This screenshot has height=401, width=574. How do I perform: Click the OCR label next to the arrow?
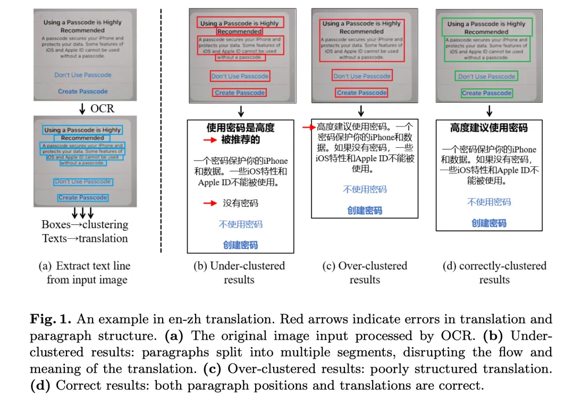(x=102, y=108)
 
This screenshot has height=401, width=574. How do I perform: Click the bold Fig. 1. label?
(x=52, y=320)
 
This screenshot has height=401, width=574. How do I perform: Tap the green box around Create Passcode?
(x=487, y=93)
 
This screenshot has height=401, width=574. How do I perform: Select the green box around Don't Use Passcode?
(x=487, y=77)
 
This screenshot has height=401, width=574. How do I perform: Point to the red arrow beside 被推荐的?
(x=209, y=140)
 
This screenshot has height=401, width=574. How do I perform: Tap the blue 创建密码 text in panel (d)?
(x=489, y=223)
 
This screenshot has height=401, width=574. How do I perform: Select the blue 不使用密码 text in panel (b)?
(x=240, y=224)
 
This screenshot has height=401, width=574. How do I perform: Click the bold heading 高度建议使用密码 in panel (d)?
(x=489, y=128)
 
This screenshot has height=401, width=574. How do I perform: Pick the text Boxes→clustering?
(x=85, y=224)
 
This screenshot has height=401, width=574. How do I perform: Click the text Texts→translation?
(x=85, y=238)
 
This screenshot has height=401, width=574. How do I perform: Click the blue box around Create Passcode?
(x=83, y=197)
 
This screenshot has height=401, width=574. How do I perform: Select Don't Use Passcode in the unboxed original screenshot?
(x=83, y=75)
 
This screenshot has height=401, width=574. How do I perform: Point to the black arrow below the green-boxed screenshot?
(x=489, y=112)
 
